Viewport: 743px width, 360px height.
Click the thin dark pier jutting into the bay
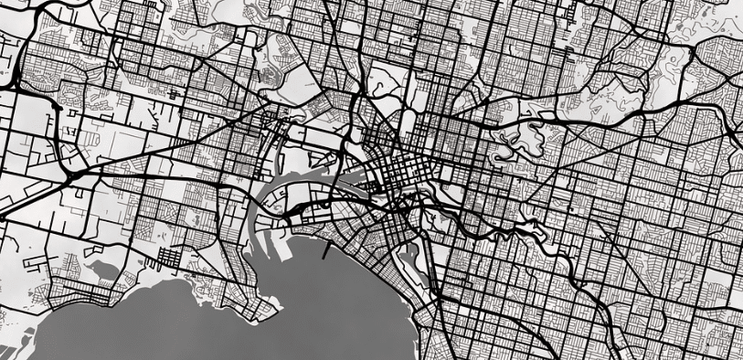click(326, 248)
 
